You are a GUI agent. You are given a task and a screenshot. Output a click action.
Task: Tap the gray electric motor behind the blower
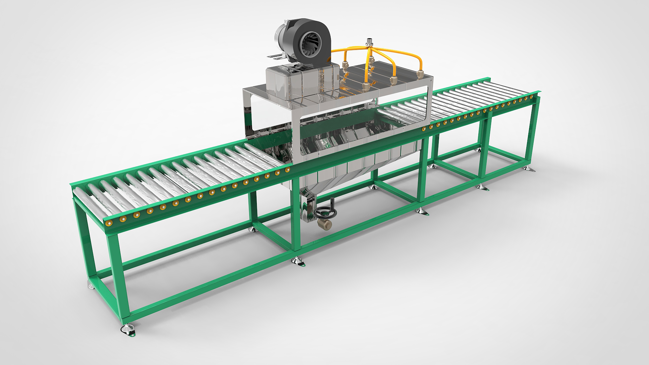tap(281, 40)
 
